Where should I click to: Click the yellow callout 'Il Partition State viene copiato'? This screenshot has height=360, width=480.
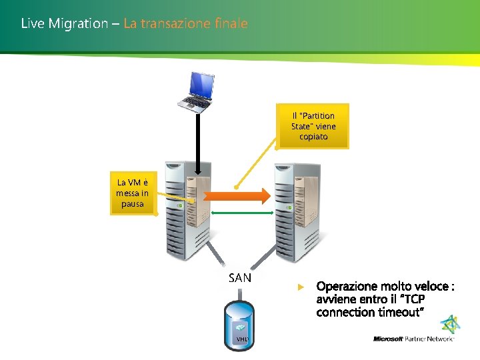313,126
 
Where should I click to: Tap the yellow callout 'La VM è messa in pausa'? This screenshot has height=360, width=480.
133,193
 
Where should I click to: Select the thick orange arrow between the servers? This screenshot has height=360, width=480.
236,195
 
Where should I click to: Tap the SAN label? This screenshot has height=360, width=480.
240,278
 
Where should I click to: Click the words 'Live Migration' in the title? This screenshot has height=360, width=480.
64,24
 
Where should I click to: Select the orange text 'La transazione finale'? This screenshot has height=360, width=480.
185,24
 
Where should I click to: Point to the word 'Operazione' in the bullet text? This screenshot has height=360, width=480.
345,287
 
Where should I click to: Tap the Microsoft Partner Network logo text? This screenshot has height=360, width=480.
413,339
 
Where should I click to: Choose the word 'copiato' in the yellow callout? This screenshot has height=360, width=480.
313,137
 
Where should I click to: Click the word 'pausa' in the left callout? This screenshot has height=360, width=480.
133,204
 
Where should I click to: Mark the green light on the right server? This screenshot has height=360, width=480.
289,207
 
